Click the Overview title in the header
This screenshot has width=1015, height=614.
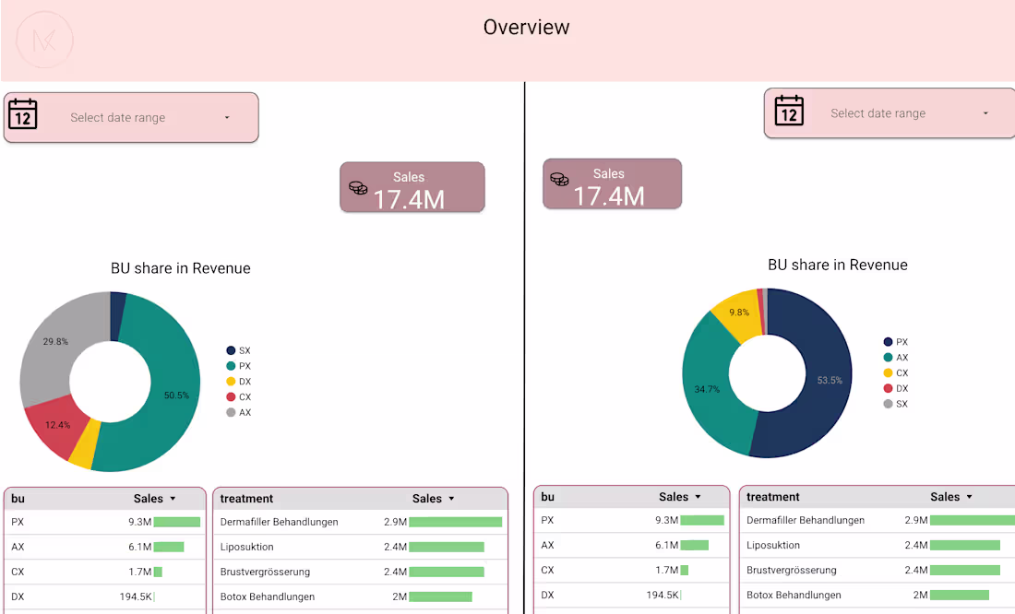pyautogui.click(x=526, y=28)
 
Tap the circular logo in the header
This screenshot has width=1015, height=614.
pyautogui.click(x=44, y=40)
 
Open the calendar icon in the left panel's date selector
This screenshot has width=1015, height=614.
pyautogui.click(x=22, y=115)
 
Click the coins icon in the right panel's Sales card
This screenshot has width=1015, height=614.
pyautogui.click(x=559, y=179)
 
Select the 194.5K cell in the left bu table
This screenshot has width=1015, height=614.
pyautogui.click(x=136, y=597)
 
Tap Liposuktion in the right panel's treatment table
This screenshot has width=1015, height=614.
pyautogui.click(x=773, y=546)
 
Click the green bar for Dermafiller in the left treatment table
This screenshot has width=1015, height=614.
pyautogui.click(x=455, y=522)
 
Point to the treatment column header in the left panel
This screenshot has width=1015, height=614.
pyautogui.click(x=246, y=499)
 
